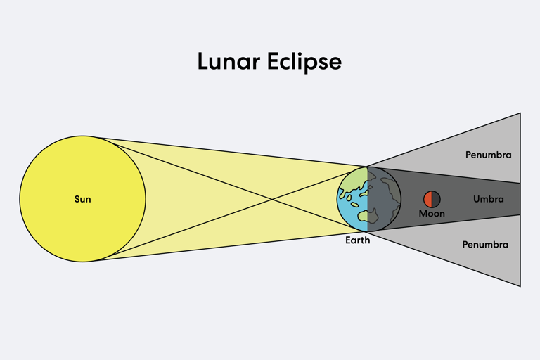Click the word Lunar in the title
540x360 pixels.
[x=229, y=61]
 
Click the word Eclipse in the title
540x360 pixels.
[x=304, y=62]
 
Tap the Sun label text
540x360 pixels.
[x=83, y=199]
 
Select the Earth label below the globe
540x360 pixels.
[x=357, y=240]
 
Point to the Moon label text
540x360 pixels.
[x=432, y=214]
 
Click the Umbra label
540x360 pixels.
[x=489, y=199]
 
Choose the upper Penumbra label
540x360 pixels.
[x=489, y=155]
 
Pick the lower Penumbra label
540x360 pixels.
[x=485, y=245]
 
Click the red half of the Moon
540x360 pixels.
[x=427, y=199]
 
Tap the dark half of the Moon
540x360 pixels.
[x=436, y=199]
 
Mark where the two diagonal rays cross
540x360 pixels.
[x=272, y=199]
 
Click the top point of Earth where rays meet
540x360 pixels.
[x=367, y=167]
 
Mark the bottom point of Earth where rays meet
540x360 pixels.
[x=367, y=231]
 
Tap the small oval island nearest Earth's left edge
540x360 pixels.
[x=349, y=198]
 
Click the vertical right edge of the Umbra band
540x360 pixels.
[x=520, y=199]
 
